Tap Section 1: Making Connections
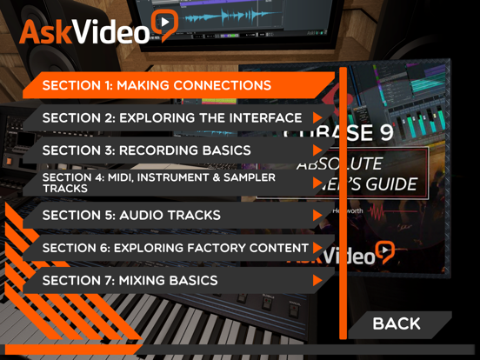pyautogui.click(x=157, y=85)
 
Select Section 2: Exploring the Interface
pyautogui.click(x=172, y=117)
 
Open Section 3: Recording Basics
pyautogui.click(x=146, y=150)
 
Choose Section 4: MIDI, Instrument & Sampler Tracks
pyautogui.click(x=159, y=183)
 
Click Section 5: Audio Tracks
pyautogui.click(x=131, y=216)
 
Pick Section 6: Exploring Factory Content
pyautogui.click(x=174, y=248)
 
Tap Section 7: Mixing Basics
pyautogui.click(x=130, y=281)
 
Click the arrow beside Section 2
pyautogui.click(x=318, y=117)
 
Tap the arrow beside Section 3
pyautogui.click(x=318, y=150)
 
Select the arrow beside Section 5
pyautogui.click(x=318, y=216)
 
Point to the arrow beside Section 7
pyautogui.click(x=318, y=281)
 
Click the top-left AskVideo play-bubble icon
pyautogui.click(x=163, y=26)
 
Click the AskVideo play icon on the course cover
pyautogui.click(x=383, y=253)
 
